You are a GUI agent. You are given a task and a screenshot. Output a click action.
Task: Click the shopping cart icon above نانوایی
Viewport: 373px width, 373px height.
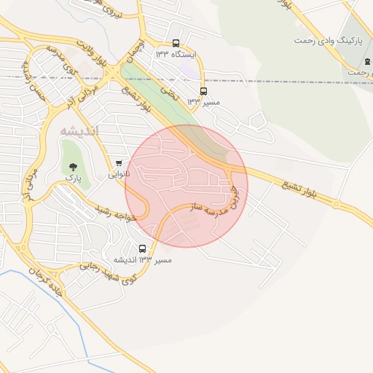pyautogui.click(x=119, y=162)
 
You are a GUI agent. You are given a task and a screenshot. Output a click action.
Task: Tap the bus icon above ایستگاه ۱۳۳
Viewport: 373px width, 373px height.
pyautogui.click(x=176, y=43)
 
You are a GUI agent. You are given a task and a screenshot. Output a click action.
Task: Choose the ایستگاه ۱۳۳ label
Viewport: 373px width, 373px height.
pyautogui.click(x=171, y=54)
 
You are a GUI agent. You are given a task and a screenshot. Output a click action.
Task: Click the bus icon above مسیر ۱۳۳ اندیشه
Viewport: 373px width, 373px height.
pyautogui.click(x=142, y=248)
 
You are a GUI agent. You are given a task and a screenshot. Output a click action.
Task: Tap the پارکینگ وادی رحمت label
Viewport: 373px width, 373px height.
pyautogui.click(x=329, y=40)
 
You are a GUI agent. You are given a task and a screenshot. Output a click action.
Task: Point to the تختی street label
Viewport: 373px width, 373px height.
pyautogui.click(x=170, y=90)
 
